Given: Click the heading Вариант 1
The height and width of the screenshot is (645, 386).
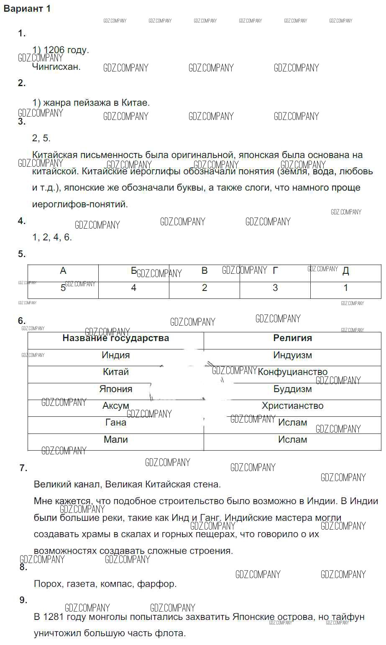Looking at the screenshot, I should [x=27, y=9].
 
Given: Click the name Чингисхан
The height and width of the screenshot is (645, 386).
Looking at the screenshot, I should [x=56, y=66].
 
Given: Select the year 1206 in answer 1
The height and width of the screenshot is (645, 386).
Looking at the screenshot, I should [x=54, y=50].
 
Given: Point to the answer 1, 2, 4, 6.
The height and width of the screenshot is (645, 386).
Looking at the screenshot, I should [x=52, y=237].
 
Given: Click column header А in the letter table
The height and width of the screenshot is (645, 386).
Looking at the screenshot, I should [x=63, y=271].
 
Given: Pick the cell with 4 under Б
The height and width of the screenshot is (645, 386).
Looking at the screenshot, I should [x=134, y=288].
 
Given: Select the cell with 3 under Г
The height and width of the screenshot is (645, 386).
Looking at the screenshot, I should [x=275, y=288].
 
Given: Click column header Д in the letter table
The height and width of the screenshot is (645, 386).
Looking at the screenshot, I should [x=346, y=271].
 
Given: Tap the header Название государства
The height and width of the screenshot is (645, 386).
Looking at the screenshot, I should [x=116, y=338].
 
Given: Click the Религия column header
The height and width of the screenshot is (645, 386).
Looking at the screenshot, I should [x=293, y=338].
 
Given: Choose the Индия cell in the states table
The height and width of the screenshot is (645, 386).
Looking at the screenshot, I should [x=116, y=355].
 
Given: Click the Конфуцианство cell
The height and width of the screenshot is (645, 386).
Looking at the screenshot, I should [x=293, y=372].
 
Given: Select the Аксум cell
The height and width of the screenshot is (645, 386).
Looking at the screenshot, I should [x=116, y=406].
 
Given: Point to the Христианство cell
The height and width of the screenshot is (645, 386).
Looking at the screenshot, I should [x=293, y=406].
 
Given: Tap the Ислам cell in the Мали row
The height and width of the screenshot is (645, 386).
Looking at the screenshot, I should [x=293, y=440].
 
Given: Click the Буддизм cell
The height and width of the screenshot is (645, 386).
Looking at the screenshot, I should [x=293, y=389].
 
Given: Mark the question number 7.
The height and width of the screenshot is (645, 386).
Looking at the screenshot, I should [x=23, y=468].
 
